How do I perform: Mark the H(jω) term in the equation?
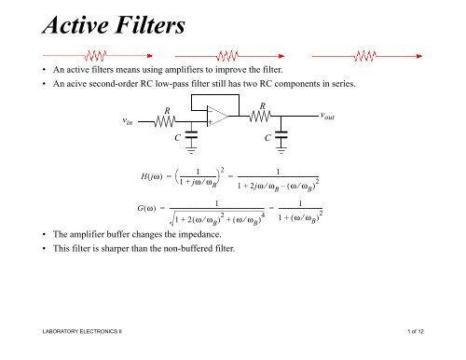click(x=151, y=178)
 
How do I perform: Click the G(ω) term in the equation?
click(x=150, y=207)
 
